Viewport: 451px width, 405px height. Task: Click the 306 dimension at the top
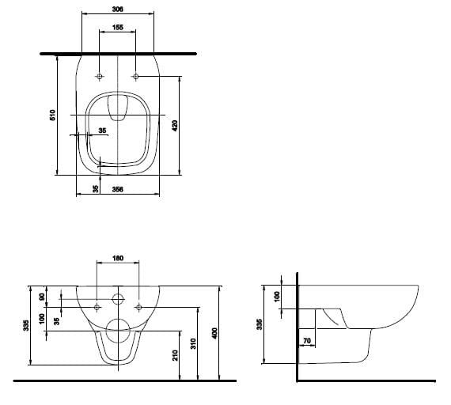118,9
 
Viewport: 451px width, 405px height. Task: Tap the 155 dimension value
118,27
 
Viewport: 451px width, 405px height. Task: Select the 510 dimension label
53,115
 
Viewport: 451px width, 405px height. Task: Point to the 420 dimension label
175,126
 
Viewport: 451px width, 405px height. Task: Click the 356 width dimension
118,189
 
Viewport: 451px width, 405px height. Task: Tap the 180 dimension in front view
118,258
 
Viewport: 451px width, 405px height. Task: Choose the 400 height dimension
214,333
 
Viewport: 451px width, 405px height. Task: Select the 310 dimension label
193,343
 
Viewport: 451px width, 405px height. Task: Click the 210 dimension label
176,355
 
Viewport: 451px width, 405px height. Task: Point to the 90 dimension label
42,297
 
